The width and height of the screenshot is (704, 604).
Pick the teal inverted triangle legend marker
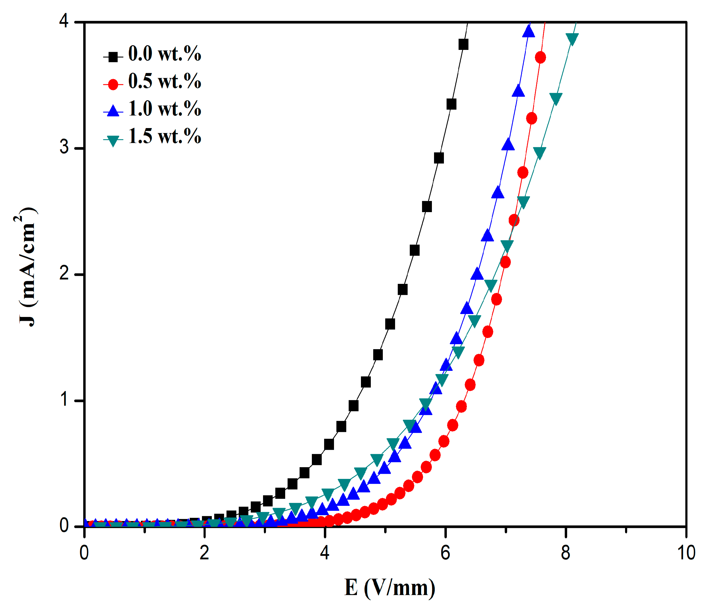coord(113,141)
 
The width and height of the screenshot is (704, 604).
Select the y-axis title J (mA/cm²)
coord(26,267)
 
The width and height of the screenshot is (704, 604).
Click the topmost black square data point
coord(463,44)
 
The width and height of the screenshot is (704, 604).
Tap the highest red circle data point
coord(540,57)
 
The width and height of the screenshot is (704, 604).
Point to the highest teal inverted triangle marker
coord(572,38)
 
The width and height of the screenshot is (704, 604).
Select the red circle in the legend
coord(113,84)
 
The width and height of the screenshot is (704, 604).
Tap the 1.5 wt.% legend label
coord(164,137)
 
